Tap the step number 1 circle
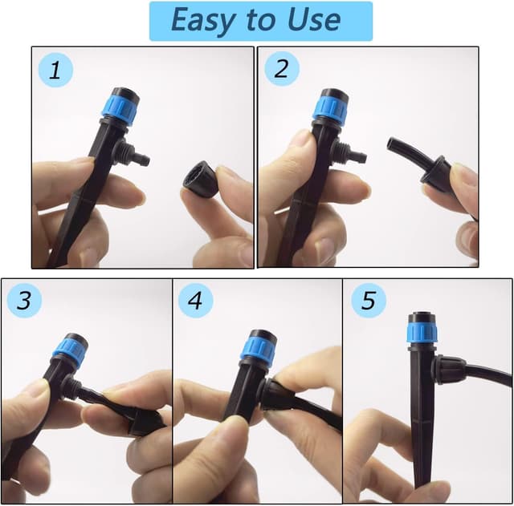[55, 70]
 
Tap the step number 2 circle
[280, 68]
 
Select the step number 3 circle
[24, 301]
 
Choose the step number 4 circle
[195, 301]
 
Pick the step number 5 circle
[368, 301]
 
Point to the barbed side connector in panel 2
[353, 153]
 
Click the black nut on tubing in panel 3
[145, 419]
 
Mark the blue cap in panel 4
[257, 348]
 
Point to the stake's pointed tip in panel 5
[422, 480]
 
